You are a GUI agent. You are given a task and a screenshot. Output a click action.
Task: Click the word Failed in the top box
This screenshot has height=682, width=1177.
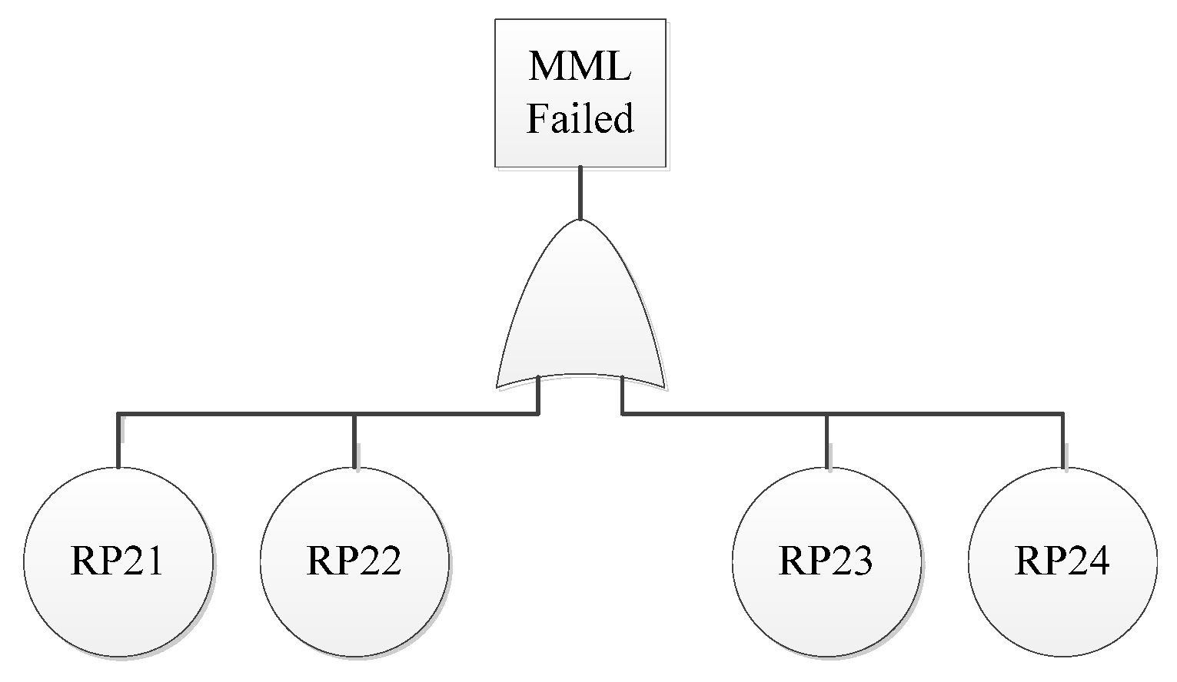580,119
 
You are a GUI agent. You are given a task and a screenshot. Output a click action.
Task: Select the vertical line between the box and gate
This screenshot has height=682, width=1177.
580,193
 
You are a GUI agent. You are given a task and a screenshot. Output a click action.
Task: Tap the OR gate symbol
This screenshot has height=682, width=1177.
580,315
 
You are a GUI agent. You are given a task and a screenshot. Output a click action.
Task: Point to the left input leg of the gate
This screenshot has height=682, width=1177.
538,396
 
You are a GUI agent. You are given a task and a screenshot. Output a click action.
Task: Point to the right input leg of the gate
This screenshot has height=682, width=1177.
622,396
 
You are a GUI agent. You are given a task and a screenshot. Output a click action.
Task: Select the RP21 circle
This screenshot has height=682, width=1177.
118,561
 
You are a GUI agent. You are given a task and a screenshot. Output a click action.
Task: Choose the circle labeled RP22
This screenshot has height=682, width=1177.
354,561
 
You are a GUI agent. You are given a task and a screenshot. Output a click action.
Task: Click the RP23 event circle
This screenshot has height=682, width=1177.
826,561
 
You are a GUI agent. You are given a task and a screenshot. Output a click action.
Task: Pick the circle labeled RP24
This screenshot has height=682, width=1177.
1062,561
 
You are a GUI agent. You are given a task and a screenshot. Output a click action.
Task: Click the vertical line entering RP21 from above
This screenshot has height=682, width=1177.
118,442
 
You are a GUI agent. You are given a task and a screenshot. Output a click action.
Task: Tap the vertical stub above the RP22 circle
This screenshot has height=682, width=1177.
354,442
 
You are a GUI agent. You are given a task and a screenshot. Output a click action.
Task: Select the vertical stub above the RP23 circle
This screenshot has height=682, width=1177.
826,442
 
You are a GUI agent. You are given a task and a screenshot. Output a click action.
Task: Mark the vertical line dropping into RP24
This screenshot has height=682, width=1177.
1063,442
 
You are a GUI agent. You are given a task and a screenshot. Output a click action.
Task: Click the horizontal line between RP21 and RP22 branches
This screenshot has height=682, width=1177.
236,415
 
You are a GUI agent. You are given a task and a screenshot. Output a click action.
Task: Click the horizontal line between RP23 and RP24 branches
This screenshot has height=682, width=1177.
945,415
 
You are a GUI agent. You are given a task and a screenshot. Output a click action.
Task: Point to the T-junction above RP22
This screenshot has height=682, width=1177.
354,415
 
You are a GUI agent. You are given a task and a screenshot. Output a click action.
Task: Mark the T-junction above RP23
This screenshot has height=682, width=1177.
826,415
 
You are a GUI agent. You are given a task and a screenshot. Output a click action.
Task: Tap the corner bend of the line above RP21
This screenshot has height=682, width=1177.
118,415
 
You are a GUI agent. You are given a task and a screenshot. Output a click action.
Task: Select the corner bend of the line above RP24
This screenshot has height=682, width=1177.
1063,415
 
